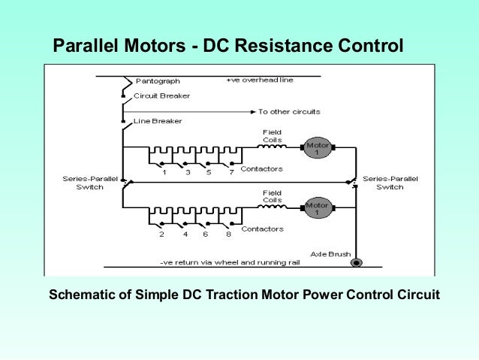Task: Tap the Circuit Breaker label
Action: click(x=161, y=95)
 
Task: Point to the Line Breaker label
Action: click(x=157, y=121)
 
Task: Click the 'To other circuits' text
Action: click(x=289, y=112)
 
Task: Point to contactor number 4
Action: click(x=183, y=234)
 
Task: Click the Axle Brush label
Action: click(x=330, y=254)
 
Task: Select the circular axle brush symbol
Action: click(x=357, y=263)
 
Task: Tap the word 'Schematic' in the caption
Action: click(x=83, y=293)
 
